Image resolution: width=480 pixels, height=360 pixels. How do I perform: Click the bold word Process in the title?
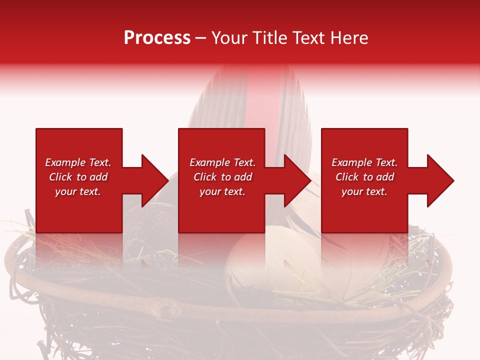point(157,38)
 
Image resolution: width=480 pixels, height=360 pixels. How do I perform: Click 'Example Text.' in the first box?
point(78,162)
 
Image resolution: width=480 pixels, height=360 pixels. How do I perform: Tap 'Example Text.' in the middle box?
point(222,162)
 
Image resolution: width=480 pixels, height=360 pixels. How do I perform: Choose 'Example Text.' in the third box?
point(364,162)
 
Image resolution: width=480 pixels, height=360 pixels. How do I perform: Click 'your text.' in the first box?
point(78,191)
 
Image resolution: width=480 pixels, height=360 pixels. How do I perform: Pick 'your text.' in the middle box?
point(222,191)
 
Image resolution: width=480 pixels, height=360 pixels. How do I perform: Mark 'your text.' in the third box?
point(364,191)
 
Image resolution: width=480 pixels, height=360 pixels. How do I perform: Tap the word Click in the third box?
point(347,177)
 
